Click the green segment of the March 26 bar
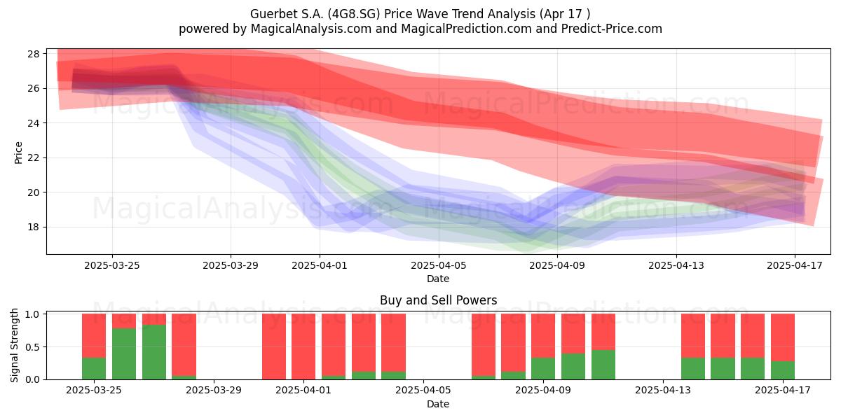coord(124,353)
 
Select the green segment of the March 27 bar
coord(154,352)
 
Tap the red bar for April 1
coord(303,346)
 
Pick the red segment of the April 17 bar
coord(783,337)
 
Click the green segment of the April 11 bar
coord(603,365)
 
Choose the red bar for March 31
coord(274,346)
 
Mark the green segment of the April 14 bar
coord(693,369)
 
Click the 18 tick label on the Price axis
coord(34,227)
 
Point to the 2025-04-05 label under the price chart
coord(438,265)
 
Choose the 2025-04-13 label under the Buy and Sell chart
coord(663,391)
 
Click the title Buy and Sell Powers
coord(438,300)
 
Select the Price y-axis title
coord(18,153)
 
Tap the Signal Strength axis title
coord(14,345)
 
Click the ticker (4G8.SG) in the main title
coord(354,14)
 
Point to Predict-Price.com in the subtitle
coord(612,29)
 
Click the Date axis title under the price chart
coord(438,279)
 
